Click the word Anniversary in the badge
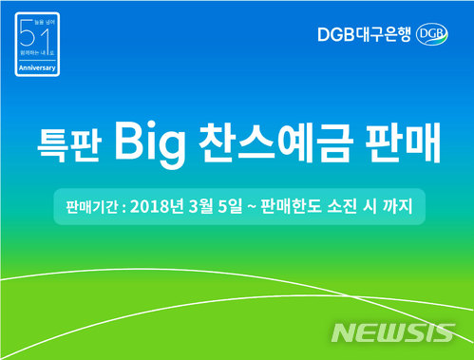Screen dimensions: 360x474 pos(37,68)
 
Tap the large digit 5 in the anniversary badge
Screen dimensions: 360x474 pos(27,41)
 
